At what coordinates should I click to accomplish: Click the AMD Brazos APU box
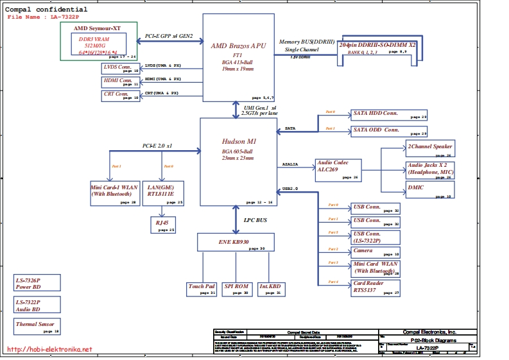click(x=239, y=57)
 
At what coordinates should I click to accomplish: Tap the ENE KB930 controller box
click(x=236, y=242)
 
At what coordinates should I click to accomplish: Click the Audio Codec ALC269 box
click(x=339, y=170)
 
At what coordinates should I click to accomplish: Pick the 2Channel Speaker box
click(x=430, y=149)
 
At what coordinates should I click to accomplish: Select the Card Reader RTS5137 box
click(x=376, y=287)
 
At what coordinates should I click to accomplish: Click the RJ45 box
click(x=163, y=224)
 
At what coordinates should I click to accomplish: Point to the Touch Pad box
click(x=202, y=289)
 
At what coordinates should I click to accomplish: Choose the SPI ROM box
click(x=236, y=289)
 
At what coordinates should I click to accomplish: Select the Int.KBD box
click(x=270, y=289)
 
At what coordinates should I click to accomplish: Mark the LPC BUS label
click(x=255, y=220)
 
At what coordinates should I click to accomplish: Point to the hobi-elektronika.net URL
click(x=49, y=350)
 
